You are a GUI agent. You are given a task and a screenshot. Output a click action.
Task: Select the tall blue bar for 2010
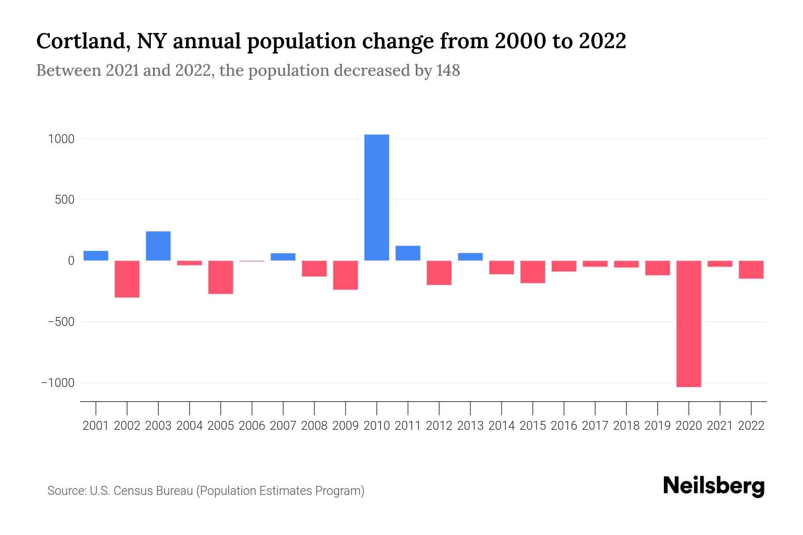pyautogui.click(x=377, y=198)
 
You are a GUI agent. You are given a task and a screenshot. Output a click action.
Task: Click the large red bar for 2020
pyautogui.click(x=688, y=324)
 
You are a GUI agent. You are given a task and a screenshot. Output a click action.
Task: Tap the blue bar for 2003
pyautogui.click(x=158, y=246)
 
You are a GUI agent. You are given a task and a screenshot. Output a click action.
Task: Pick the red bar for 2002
pyautogui.click(x=127, y=279)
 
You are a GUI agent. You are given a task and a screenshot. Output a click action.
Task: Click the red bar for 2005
pyautogui.click(x=221, y=277)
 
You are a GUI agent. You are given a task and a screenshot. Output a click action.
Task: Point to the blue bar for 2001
pyautogui.click(x=96, y=255)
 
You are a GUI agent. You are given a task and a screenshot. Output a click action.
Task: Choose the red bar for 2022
pyautogui.click(x=751, y=270)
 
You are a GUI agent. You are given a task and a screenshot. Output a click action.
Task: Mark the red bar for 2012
pyautogui.click(x=439, y=273)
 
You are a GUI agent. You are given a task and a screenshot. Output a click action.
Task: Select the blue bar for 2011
pyautogui.click(x=408, y=253)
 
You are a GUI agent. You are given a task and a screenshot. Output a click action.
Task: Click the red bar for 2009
pyautogui.click(x=345, y=275)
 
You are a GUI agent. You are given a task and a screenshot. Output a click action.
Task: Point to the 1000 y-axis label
pyautogui.click(x=61, y=139)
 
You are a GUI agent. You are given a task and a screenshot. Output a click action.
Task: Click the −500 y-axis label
pyautogui.click(x=58, y=322)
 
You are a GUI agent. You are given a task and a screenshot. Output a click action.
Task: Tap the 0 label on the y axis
pyautogui.click(x=71, y=261)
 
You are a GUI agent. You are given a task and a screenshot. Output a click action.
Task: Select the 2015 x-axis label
pyautogui.click(x=533, y=426)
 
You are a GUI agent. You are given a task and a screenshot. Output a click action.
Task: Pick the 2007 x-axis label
pyautogui.click(x=283, y=426)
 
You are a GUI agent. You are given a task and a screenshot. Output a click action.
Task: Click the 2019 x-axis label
pyautogui.click(x=657, y=426)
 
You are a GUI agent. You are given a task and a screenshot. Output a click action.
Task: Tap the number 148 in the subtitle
pyautogui.click(x=448, y=70)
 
